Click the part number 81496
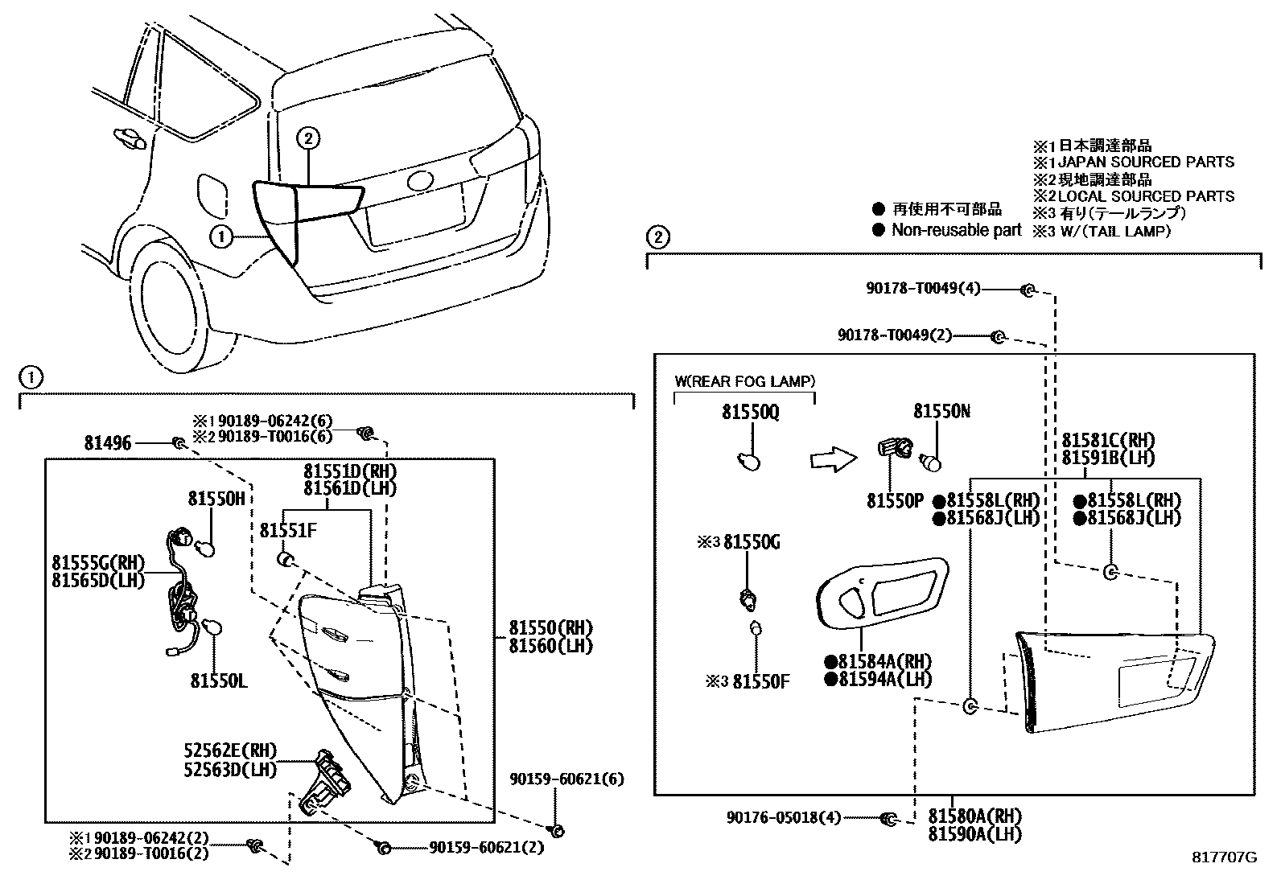108,442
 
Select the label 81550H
216,499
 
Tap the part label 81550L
219,680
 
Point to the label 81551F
287,531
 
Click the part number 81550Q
750,412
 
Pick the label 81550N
942,410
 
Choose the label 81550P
895,501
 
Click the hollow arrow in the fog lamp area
834,459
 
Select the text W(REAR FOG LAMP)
744,381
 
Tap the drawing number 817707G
1225,857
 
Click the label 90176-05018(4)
784,818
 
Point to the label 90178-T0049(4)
923,288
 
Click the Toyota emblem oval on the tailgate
422,181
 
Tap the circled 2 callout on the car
308,138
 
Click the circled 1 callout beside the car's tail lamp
221,236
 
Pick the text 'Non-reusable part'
956,230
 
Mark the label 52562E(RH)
230,750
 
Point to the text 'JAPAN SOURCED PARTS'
1146,162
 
